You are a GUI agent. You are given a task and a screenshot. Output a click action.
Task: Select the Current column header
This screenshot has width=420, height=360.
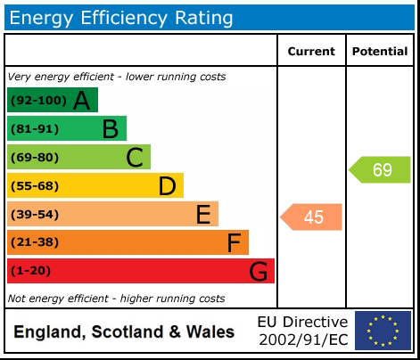(x=311, y=52)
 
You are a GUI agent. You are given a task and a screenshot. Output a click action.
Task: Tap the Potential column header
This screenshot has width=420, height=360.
(x=380, y=52)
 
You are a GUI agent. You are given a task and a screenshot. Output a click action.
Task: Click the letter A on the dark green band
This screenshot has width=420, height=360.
(x=81, y=101)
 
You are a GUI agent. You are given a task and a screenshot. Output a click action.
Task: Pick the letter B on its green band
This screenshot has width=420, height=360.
(x=110, y=129)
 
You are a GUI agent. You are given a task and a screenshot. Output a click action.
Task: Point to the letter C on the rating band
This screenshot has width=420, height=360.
(x=135, y=158)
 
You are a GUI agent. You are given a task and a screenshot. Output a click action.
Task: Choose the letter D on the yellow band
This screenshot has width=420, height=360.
(x=167, y=186)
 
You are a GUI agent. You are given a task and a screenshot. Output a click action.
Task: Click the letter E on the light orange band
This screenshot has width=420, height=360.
(x=203, y=215)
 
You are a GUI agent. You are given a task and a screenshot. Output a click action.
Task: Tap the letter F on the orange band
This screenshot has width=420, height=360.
(x=234, y=242)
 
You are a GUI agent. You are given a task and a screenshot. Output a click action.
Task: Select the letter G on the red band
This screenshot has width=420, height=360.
(x=259, y=271)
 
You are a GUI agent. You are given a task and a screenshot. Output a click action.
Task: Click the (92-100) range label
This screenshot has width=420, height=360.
(x=37, y=101)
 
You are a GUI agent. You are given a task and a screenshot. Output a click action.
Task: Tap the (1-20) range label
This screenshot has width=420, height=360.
(x=30, y=271)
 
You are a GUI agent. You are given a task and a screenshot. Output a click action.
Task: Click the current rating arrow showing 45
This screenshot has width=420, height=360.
(x=312, y=217)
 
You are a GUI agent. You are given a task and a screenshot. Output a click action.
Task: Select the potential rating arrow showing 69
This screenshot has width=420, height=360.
(x=381, y=169)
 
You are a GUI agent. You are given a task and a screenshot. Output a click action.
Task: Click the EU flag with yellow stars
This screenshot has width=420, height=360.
(x=383, y=331)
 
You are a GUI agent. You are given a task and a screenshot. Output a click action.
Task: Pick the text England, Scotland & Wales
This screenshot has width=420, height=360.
(x=124, y=332)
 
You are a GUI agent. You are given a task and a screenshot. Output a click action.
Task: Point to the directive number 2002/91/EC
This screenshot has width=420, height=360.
(x=302, y=340)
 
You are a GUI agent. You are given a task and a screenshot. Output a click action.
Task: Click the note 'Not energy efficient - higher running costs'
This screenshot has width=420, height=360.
(x=116, y=299)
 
